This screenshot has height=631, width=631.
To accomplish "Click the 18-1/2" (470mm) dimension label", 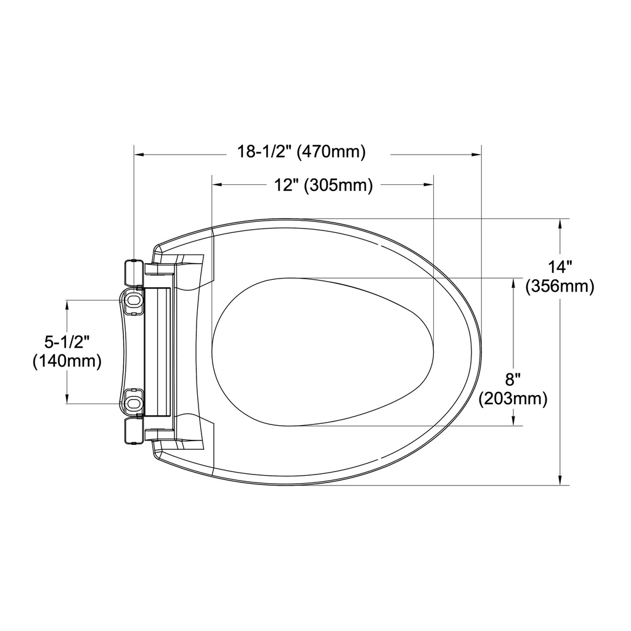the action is pyautogui.click(x=301, y=152).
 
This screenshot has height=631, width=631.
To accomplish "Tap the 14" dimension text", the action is pyautogui.click(x=560, y=267).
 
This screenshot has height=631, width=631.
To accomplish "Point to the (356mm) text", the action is pyautogui.click(x=560, y=287).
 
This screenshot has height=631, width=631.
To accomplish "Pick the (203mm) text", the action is pyautogui.click(x=513, y=399).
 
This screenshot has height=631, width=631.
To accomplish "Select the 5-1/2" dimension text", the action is pyautogui.click(x=67, y=342).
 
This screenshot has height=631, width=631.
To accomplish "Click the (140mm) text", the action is pyautogui.click(x=67, y=361).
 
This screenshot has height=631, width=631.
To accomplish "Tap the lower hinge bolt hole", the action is pyautogui.click(x=134, y=403).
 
